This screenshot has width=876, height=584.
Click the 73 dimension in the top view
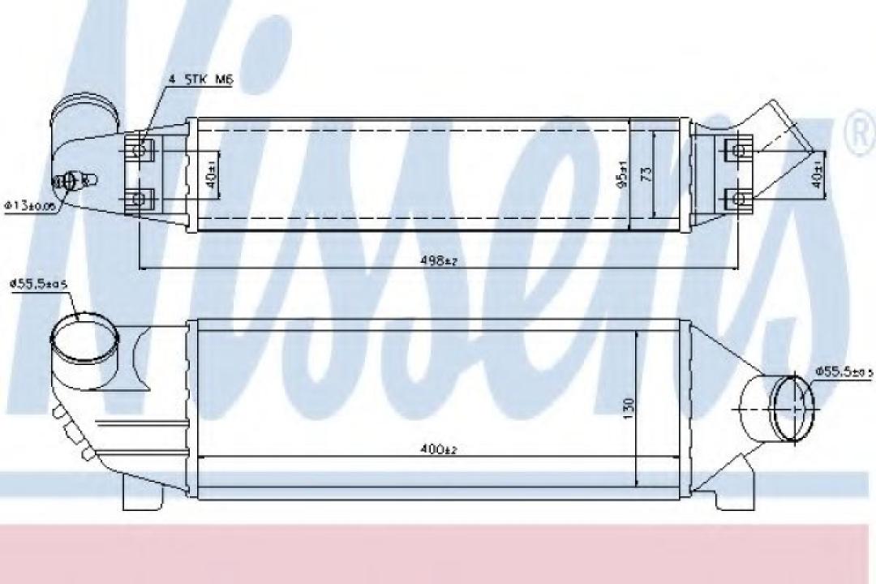tap(646, 174)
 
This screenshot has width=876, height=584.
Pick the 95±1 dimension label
tap(623, 174)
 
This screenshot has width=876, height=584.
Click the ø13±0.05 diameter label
tap(31, 206)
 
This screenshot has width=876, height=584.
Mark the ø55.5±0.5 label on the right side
tap(844, 371)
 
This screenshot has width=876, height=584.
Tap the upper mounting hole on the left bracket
tap(140, 150)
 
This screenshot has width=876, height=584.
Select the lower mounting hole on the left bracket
tap(140, 197)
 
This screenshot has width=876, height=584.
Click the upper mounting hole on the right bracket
tap(736, 150)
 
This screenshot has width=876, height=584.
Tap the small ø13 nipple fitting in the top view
tap(74, 180)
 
